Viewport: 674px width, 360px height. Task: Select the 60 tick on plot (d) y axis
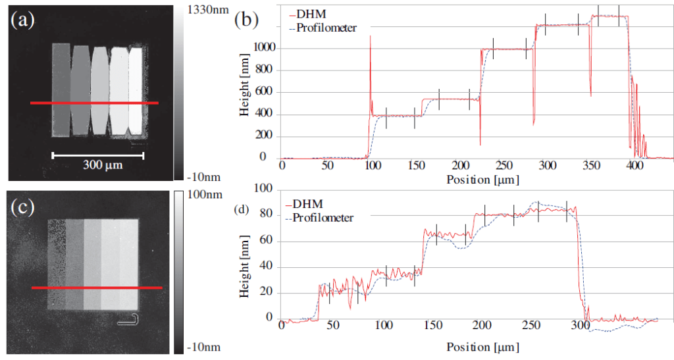[267, 241]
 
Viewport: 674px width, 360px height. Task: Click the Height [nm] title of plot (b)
[244, 93]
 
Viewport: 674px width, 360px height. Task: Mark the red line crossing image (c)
[97, 288]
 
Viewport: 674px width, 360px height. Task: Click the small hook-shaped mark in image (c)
[130, 320]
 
